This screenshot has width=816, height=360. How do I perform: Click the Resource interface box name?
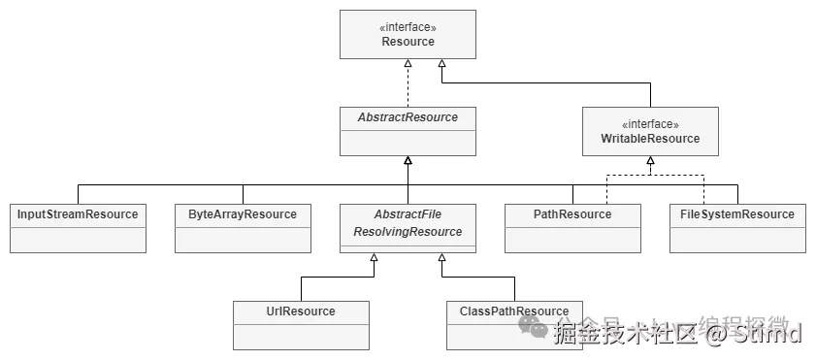[x=408, y=42]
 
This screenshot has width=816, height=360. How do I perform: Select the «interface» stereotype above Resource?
[x=408, y=28]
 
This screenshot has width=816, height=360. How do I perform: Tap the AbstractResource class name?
[x=408, y=117]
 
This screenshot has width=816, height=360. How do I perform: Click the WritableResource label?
[x=650, y=139]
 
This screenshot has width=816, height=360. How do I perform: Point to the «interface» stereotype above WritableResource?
[x=650, y=124]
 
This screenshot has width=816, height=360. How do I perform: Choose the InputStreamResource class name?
[x=78, y=214]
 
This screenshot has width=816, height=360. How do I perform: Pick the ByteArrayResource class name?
[x=243, y=214]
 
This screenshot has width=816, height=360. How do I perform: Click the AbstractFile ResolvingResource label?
[x=408, y=223]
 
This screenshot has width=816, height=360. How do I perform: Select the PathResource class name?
[x=572, y=214]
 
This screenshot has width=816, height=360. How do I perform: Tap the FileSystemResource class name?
[x=737, y=214]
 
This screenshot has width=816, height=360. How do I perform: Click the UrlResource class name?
[x=301, y=311]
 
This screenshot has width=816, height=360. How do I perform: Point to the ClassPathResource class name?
[x=514, y=311]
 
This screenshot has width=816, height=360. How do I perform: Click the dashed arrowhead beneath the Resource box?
[x=408, y=64]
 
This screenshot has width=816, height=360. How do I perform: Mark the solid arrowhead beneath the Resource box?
[x=441, y=64]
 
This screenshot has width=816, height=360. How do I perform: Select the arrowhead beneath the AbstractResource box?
[x=408, y=161]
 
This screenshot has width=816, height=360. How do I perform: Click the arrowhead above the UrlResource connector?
[x=374, y=258]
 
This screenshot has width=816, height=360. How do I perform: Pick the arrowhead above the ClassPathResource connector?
[x=441, y=258]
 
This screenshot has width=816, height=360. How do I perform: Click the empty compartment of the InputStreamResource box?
[x=78, y=239]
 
